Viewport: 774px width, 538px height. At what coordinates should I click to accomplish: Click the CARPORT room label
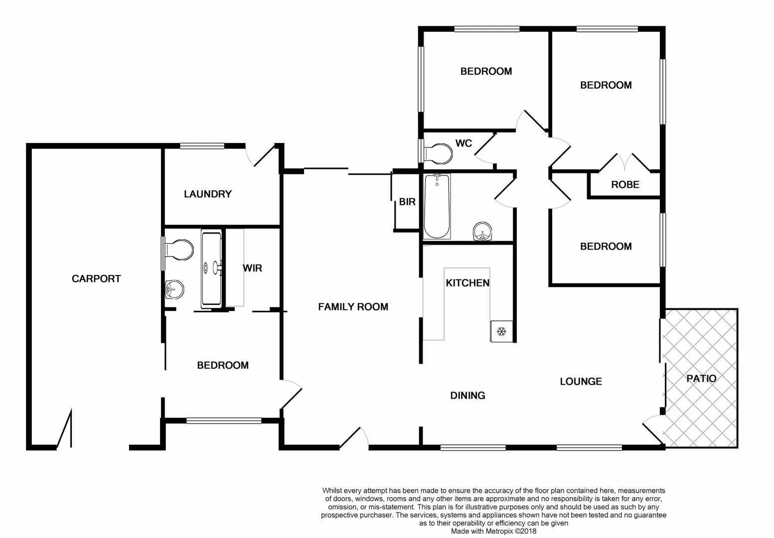click(96, 279)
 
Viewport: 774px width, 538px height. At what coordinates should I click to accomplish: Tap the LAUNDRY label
click(207, 194)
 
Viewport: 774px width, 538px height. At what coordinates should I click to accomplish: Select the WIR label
click(252, 269)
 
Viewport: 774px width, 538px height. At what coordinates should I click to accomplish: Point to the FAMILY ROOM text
click(353, 307)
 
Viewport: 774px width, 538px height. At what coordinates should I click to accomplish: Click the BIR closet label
click(407, 202)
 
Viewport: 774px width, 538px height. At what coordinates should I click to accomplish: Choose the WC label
click(464, 143)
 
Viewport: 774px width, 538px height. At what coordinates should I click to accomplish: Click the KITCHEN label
click(467, 283)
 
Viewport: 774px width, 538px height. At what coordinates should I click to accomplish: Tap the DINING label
click(467, 396)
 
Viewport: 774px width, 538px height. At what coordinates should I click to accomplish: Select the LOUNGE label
click(581, 382)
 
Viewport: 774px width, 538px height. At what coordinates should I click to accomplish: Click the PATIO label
click(701, 379)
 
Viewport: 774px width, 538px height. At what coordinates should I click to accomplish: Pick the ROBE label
click(625, 185)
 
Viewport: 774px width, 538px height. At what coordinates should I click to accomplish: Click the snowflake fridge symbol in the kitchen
click(501, 331)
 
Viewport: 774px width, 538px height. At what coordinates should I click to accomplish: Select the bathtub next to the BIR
click(437, 207)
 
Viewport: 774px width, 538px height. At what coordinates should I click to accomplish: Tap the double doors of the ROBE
click(624, 162)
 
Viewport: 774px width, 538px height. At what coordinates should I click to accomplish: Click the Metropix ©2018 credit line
click(493, 532)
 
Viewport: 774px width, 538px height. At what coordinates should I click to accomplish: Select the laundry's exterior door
click(262, 155)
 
